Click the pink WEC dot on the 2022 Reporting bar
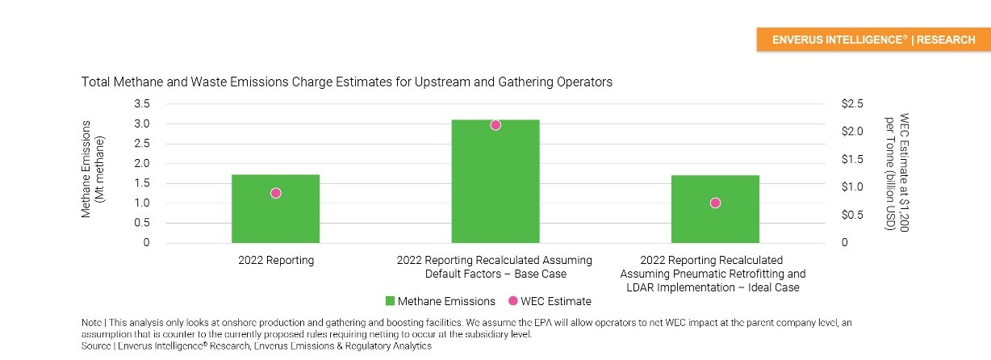(x=275, y=193)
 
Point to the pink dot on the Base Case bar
(x=495, y=124)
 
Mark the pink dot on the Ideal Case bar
(x=715, y=203)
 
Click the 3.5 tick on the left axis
(x=142, y=104)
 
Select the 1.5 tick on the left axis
(x=142, y=183)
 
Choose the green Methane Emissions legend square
(x=390, y=301)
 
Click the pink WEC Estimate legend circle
(x=513, y=301)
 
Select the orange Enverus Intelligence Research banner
(x=873, y=40)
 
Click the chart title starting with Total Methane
(x=346, y=82)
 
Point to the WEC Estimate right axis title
(x=897, y=172)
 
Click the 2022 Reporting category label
(x=275, y=261)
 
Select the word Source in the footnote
(x=96, y=345)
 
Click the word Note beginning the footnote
(x=91, y=322)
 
